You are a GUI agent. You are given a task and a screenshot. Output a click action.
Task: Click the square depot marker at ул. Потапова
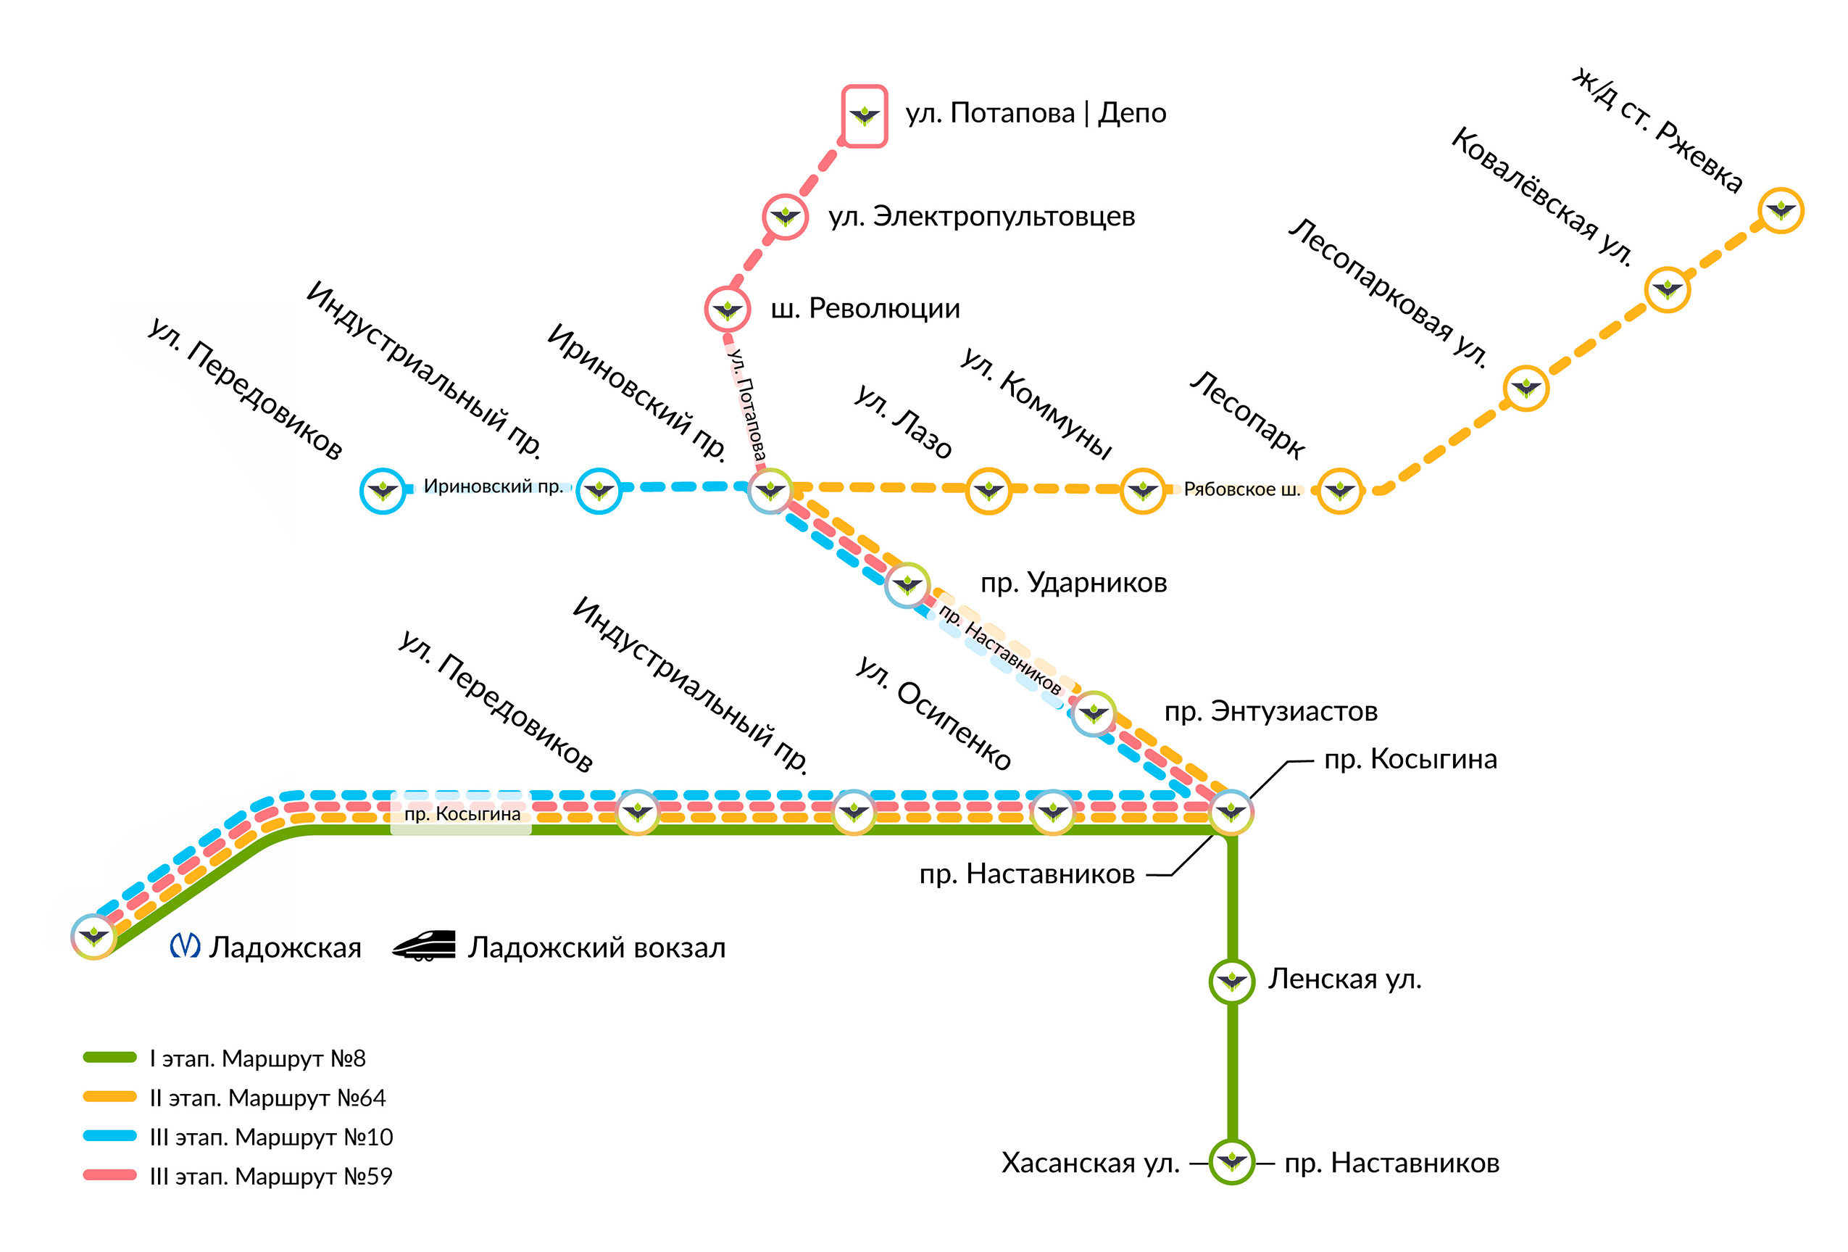pos(865,116)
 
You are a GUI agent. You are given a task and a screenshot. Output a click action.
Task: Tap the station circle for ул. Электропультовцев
pos(785,216)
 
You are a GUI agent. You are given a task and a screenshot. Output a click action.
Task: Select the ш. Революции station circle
pos(727,309)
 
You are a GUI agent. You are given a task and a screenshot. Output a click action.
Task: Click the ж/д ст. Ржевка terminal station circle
pos(1781,211)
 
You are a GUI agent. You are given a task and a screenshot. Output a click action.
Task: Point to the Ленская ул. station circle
pos(1232,981)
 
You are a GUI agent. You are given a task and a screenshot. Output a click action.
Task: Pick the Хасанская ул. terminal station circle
pos(1232,1161)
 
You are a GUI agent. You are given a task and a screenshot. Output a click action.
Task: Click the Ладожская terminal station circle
pos(93,936)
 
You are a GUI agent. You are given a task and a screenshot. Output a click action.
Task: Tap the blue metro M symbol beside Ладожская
pos(186,946)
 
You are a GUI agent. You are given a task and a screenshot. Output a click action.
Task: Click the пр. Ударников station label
pos(1073,583)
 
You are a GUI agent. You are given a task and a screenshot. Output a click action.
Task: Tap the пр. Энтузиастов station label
pos(1270,711)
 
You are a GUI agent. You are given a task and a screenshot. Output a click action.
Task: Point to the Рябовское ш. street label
pos(1241,489)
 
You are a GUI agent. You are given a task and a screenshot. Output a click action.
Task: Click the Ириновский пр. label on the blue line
pos(492,486)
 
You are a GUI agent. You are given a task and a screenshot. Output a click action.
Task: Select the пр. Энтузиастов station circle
pos(1094,713)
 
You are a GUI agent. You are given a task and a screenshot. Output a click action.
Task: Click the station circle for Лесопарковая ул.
pos(1526,388)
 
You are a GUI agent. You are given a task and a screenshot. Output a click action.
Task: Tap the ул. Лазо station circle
pos(988,491)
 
